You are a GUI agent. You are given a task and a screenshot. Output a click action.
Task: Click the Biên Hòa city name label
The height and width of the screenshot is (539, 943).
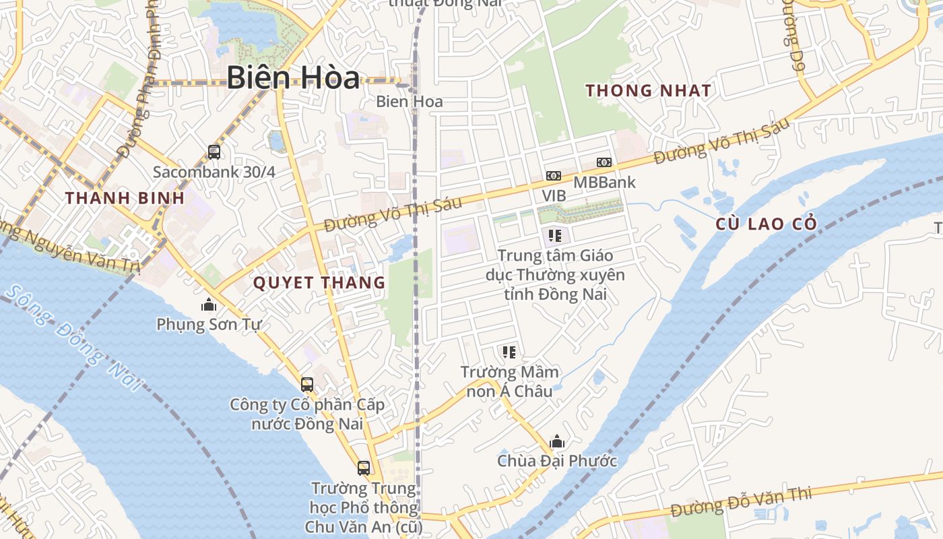[x=292, y=77]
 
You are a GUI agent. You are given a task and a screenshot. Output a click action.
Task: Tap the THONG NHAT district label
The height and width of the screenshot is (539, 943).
[x=648, y=90]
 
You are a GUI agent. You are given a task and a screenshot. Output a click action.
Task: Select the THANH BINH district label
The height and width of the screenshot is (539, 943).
[x=125, y=198]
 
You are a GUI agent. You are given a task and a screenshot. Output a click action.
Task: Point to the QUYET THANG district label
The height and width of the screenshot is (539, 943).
[x=319, y=283]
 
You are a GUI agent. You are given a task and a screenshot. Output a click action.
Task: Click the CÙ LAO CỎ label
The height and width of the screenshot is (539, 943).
[x=767, y=224]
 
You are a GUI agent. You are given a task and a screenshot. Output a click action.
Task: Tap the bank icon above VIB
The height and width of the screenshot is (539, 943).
[x=554, y=176]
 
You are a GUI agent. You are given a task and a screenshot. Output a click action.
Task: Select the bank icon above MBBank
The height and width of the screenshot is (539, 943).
[x=604, y=162]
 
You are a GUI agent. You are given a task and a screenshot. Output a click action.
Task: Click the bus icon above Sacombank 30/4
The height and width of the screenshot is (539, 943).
[x=214, y=152]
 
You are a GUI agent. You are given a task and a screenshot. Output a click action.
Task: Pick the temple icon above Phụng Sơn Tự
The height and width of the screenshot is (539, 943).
[x=209, y=305]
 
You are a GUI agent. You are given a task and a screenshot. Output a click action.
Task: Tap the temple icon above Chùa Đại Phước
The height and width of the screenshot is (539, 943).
[x=557, y=442]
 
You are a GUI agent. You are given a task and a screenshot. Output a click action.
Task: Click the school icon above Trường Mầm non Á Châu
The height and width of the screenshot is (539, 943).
[x=509, y=352]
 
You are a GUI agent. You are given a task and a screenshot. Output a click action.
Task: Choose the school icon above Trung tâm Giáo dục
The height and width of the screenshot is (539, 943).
[x=555, y=236]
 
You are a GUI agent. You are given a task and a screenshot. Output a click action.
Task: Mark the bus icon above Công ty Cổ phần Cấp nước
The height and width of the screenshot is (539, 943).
[x=307, y=385]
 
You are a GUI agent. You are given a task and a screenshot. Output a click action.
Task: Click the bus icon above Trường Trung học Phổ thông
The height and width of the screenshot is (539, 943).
[x=364, y=468]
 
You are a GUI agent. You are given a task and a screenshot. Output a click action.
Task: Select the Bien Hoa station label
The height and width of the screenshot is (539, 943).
[x=410, y=102]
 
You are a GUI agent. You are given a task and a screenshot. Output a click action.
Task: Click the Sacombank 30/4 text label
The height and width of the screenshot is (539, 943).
[x=214, y=172]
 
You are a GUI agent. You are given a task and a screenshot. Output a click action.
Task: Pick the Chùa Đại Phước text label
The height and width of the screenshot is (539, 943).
[x=557, y=462]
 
